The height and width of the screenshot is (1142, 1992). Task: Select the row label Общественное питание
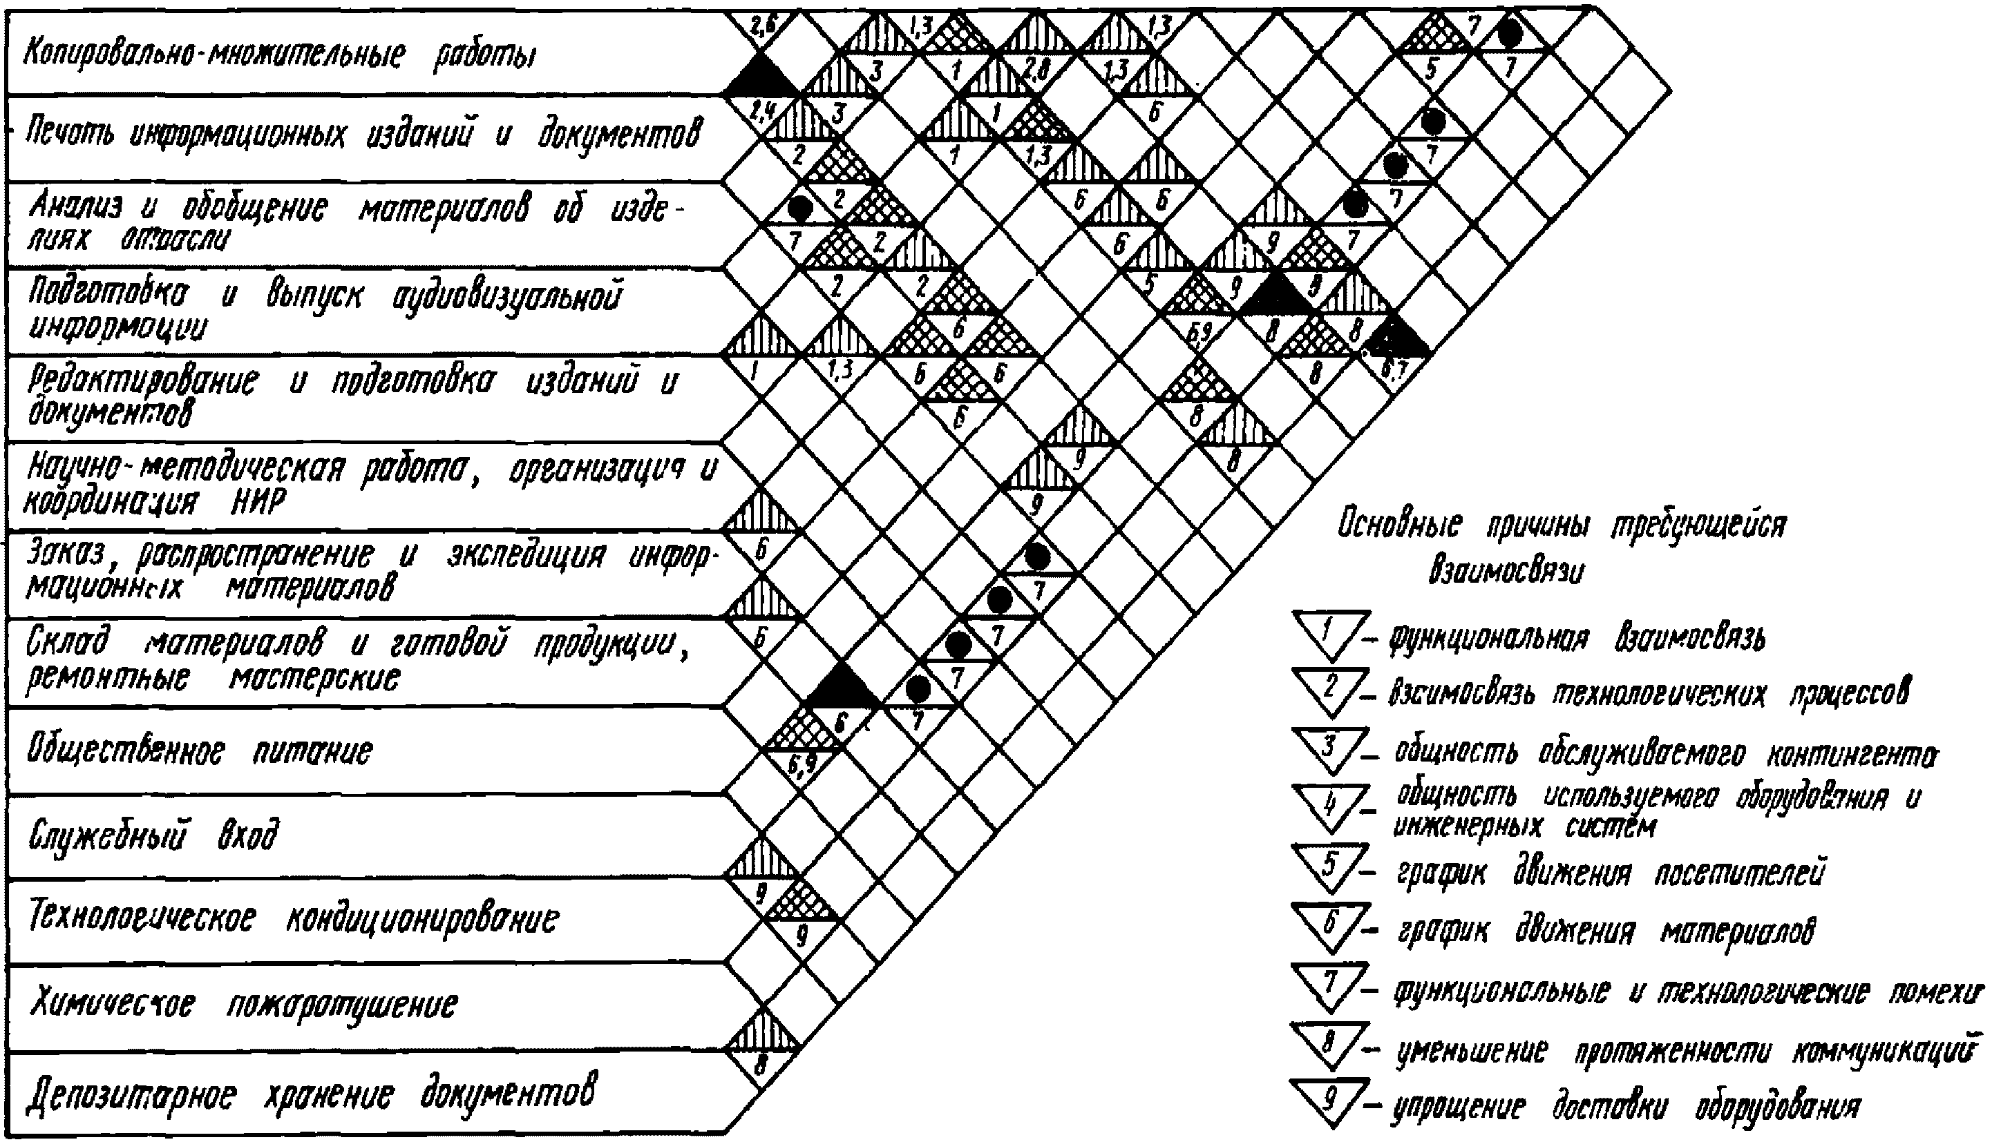(x=200, y=751)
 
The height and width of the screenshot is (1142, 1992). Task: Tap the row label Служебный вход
(x=153, y=836)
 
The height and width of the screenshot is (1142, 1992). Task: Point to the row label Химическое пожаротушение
(x=243, y=1004)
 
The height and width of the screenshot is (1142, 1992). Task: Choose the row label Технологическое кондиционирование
(x=294, y=918)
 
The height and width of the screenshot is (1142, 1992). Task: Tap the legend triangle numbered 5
(x=1329, y=867)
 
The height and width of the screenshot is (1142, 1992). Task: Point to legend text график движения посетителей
(x=1609, y=872)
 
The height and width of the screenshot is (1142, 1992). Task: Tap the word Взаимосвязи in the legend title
(x=1506, y=570)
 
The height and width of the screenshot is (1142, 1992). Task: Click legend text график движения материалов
(x=1605, y=931)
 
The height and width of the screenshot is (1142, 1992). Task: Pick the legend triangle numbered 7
(x=1329, y=985)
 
